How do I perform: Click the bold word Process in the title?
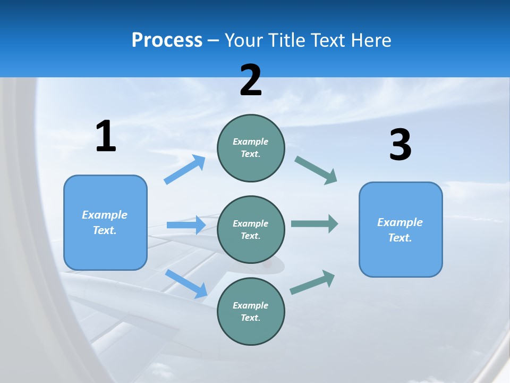tap(167, 40)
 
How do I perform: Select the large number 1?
tap(106, 136)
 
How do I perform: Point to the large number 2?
tap(251, 80)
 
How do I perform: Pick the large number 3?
tap(400, 145)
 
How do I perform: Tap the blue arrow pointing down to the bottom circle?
tap(186, 284)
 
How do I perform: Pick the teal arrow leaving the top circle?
tap(316, 170)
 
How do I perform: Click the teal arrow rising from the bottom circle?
tap(312, 282)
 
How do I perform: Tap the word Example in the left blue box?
tap(105, 215)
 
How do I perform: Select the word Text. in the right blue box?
tap(400, 238)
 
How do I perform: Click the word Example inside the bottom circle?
tap(251, 305)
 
